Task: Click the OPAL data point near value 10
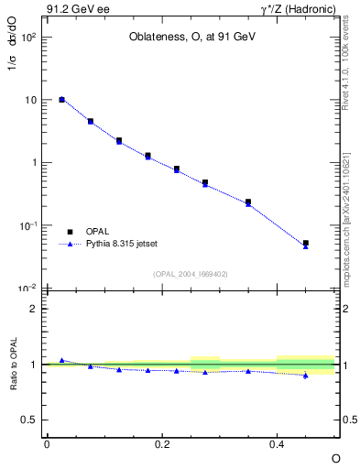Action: pyautogui.click(x=61, y=99)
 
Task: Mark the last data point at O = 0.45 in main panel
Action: pyautogui.click(x=305, y=244)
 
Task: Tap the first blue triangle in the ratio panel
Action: pyautogui.click(x=61, y=360)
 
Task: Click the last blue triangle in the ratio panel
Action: pyautogui.click(x=305, y=376)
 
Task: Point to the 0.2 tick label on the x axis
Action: pyautogui.click(x=161, y=443)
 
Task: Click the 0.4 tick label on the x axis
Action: pyautogui.click(x=277, y=443)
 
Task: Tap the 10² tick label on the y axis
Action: pyautogui.click(x=29, y=38)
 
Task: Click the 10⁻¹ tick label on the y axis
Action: pyautogui.click(x=29, y=225)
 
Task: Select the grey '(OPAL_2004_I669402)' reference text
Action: pyautogui.click(x=191, y=273)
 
